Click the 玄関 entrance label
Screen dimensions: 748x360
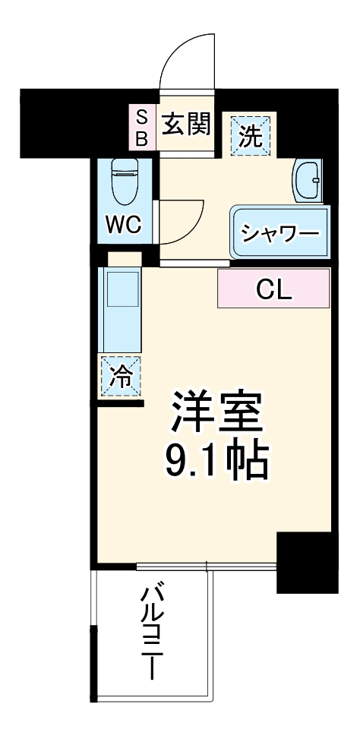coord(185,124)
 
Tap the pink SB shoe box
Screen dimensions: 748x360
coord(141,128)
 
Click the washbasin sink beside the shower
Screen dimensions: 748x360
coord(309,181)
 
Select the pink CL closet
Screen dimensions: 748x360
coord(273,289)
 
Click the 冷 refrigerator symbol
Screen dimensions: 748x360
coord(121,374)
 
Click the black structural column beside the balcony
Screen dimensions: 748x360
coord(306,562)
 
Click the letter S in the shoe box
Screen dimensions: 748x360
coord(141,115)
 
